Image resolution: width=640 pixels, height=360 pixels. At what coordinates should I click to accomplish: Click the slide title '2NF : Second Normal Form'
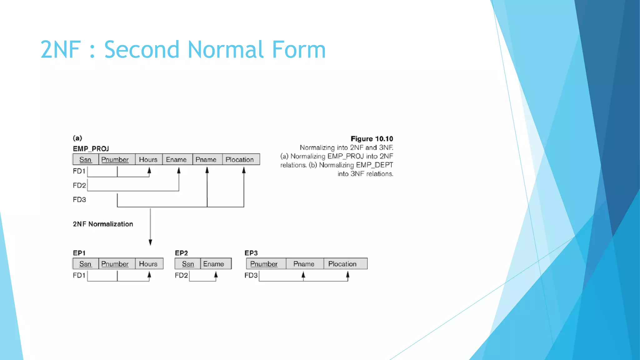point(183,49)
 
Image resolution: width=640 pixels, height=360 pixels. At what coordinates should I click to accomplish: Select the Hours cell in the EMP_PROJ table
point(148,160)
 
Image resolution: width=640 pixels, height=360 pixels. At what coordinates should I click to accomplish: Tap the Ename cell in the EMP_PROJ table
point(176,160)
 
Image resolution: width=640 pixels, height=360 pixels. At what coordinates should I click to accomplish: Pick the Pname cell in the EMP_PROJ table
point(206,160)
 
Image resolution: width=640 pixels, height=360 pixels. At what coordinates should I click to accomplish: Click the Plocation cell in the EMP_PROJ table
point(240,160)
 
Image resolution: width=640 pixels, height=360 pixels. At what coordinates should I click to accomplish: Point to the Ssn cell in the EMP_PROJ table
point(85,160)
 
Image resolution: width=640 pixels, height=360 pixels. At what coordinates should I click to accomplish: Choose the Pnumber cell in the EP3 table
point(264,264)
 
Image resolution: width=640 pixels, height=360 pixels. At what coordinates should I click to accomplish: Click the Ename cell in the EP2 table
point(214,264)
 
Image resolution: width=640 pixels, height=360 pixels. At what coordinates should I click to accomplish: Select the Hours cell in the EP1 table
point(148,264)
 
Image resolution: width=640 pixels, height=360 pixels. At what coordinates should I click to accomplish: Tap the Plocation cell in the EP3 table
point(342,264)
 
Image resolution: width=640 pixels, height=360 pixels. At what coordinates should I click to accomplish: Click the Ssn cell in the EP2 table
point(188,264)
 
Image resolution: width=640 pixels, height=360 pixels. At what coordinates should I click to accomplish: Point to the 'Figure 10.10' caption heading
point(372,139)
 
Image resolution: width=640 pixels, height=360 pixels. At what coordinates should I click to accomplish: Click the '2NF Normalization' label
point(103,224)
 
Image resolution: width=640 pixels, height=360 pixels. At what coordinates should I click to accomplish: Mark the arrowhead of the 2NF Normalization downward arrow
point(150,242)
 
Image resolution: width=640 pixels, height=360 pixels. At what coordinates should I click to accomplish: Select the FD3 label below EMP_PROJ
point(79,200)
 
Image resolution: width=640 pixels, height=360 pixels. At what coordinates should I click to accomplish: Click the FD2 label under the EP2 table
point(181,275)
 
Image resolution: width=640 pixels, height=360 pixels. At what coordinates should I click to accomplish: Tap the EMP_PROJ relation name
point(91,149)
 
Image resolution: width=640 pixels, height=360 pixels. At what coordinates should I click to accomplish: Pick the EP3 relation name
point(251,253)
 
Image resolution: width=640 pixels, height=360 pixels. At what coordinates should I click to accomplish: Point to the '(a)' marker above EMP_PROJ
point(77,138)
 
